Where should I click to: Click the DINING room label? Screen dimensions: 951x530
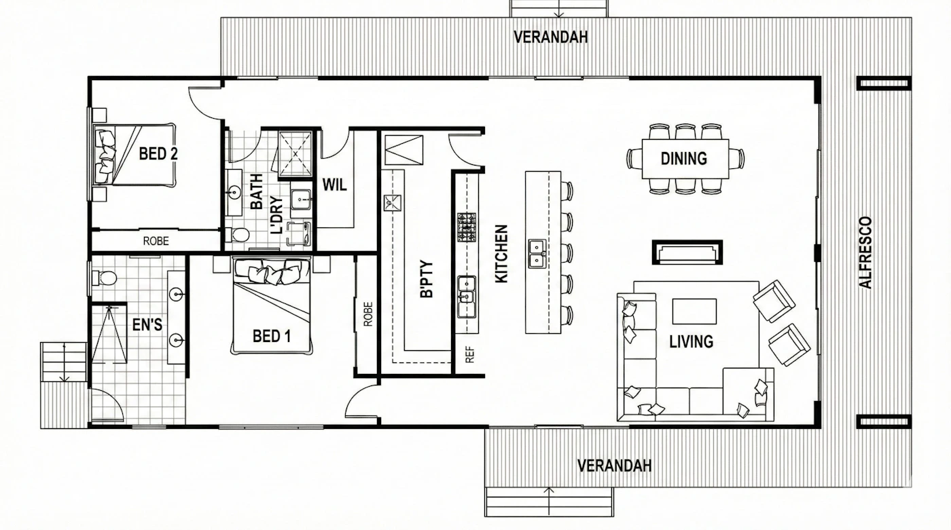coord(683,159)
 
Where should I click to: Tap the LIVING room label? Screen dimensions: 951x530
coord(692,341)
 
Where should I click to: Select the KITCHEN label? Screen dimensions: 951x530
coord(501,254)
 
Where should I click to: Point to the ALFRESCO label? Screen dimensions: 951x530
coord(865,252)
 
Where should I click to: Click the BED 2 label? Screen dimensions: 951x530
coord(158,153)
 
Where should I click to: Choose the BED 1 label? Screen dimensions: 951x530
coord(272,336)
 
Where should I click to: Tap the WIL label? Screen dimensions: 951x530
coord(334,185)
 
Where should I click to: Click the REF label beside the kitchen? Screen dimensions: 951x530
coord(469,354)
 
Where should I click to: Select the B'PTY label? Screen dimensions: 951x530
coord(427,278)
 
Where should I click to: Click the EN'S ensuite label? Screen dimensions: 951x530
coord(147,325)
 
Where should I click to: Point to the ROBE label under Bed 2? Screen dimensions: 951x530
coord(156,242)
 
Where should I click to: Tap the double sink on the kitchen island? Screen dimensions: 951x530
coord(537,254)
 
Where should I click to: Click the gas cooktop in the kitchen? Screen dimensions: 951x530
coord(467,228)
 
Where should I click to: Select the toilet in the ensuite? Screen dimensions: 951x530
coord(105,278)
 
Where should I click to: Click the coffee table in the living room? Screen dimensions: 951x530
coord(694,311)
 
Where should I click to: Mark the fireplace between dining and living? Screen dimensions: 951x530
coord(687,252)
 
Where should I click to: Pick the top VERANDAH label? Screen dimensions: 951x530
coord(551,37)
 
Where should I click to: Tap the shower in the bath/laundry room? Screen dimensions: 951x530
coord(295,153)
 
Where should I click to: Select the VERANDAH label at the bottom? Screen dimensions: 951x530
coord(614,466)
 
